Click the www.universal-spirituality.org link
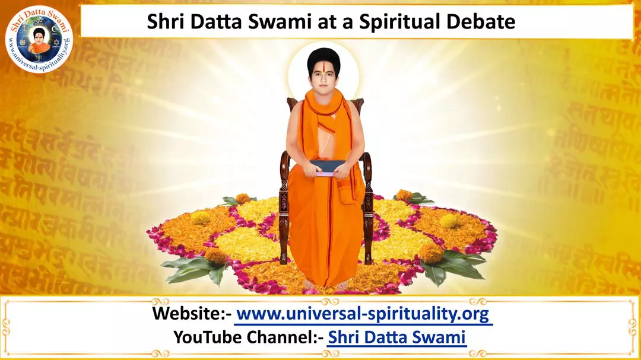tap(364, 314)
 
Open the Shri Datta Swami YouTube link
tap(396, 337)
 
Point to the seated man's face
tap(324, 81)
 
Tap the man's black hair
tap(324, 56)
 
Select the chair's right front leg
tap(368, 237)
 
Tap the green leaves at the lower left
tap(190, 269)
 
